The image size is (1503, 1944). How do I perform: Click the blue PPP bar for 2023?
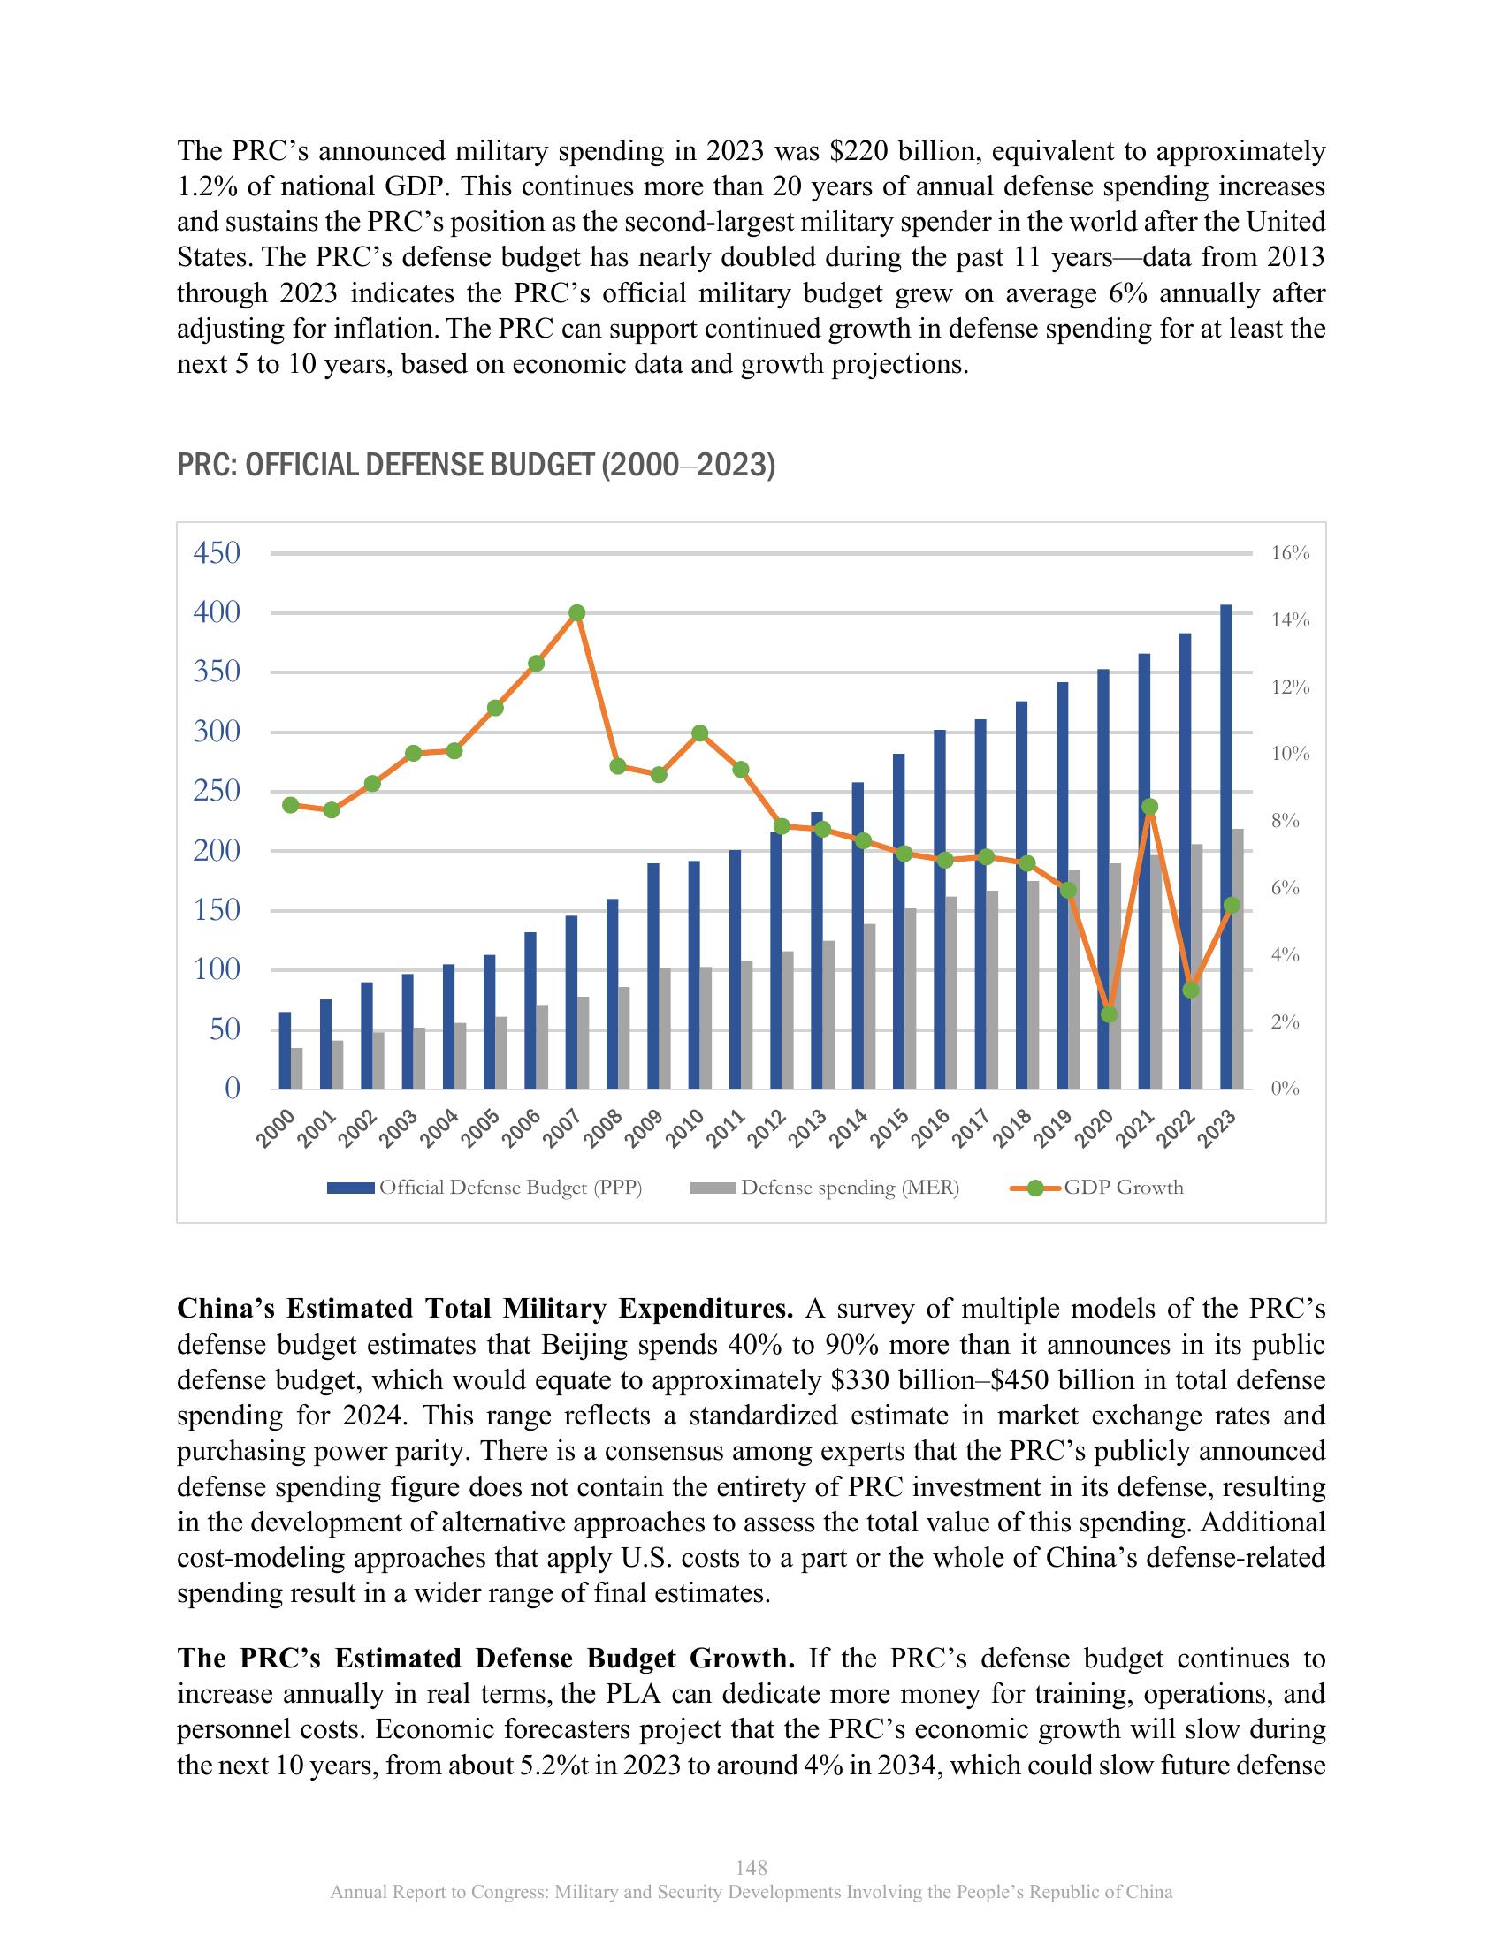tap(1226, 846)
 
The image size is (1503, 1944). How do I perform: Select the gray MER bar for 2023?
tap(1239, 959)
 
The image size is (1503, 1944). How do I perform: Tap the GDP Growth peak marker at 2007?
tap(577, 612)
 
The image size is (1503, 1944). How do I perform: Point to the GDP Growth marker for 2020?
tap(1109, 1014)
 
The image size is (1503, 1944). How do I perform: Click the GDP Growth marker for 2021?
tap(1149, 807)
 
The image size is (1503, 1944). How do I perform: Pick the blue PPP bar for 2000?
tap(285, 1051)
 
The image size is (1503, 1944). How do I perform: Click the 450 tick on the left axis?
tap(217, 553)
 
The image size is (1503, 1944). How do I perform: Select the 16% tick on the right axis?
tap(1290, 553)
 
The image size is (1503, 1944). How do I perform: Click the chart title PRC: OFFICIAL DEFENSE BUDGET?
tap(477, 466)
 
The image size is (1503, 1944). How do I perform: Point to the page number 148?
tap(751, 1866)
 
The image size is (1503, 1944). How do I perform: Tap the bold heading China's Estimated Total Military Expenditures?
tap(485, 1309)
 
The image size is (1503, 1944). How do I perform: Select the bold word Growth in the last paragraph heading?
tap(742, 1659)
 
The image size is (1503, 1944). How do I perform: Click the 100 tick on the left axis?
tap(217, 969)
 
